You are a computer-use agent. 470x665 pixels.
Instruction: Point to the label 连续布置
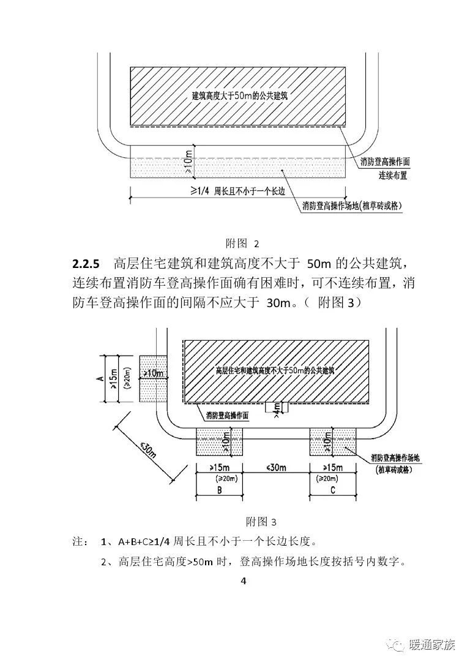click(392, 176)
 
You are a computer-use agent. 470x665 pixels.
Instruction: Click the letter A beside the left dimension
click(100, 379)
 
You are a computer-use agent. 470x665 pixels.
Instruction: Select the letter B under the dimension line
click(219, 489)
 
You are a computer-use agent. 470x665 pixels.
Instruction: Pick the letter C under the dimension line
click(334, 489)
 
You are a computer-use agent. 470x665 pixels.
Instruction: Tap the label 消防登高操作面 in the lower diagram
click(227, 415)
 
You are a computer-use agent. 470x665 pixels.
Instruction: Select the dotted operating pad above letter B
click(219, 442)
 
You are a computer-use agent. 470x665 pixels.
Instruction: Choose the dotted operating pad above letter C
click(334, 442)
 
